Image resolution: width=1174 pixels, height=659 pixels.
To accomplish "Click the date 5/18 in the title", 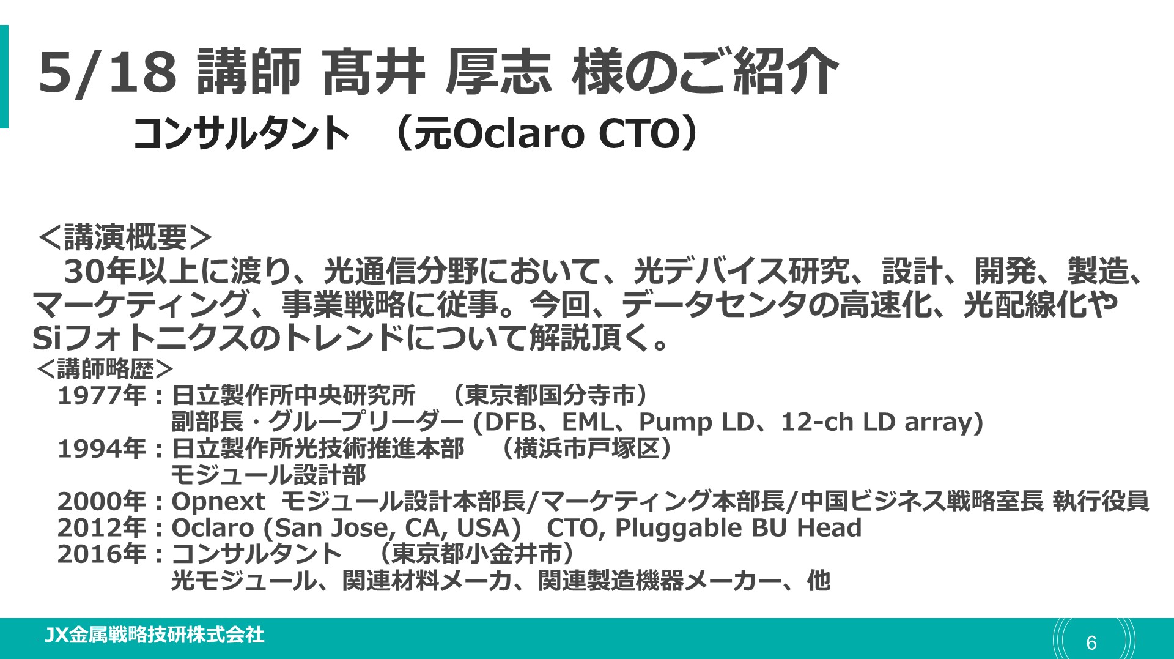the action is (x=108, y=72).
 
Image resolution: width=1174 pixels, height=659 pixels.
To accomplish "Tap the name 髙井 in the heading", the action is (x=374, y=72).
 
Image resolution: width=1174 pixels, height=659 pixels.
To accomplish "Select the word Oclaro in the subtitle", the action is (x=518, y=133).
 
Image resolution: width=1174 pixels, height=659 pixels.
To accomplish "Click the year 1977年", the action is (x=102, y=395).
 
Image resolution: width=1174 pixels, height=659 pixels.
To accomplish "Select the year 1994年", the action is (x=102, y=449).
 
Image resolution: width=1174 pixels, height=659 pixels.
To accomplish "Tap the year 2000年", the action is (x=102, y=501).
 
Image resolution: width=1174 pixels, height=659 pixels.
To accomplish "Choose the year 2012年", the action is (x=102, y=527).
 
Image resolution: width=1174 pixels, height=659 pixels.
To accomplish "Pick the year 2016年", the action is (x=102, y=554).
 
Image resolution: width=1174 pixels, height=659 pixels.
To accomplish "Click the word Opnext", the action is (x=218, y=502).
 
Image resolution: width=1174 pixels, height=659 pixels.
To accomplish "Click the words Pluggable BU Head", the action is (x=738, y=528).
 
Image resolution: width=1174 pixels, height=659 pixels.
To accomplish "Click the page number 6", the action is (x=1091, y=642).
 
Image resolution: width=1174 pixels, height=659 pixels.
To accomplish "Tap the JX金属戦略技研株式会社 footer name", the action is (x=155, y=635).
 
